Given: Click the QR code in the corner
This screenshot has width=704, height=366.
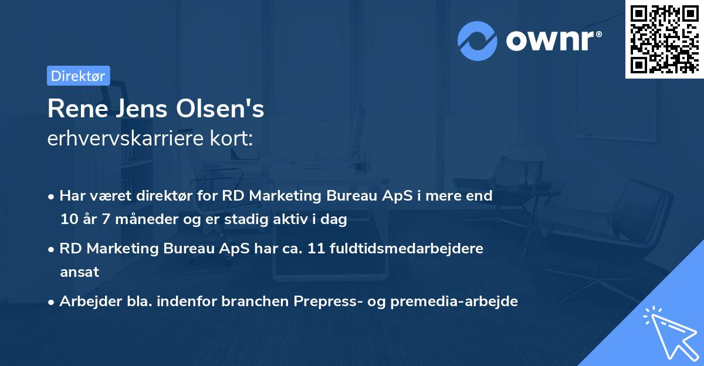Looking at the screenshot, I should tap(664, 39).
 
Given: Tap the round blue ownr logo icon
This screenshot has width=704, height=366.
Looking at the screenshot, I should tap(478, 41).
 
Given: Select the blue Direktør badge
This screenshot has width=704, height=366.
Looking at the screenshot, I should tap(78, 76).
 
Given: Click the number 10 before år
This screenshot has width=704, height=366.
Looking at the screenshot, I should tap(67, 220).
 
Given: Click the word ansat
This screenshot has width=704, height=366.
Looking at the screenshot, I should tap(79, 272).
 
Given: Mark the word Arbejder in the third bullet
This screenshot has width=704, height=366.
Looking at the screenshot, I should tap(87, 301).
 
